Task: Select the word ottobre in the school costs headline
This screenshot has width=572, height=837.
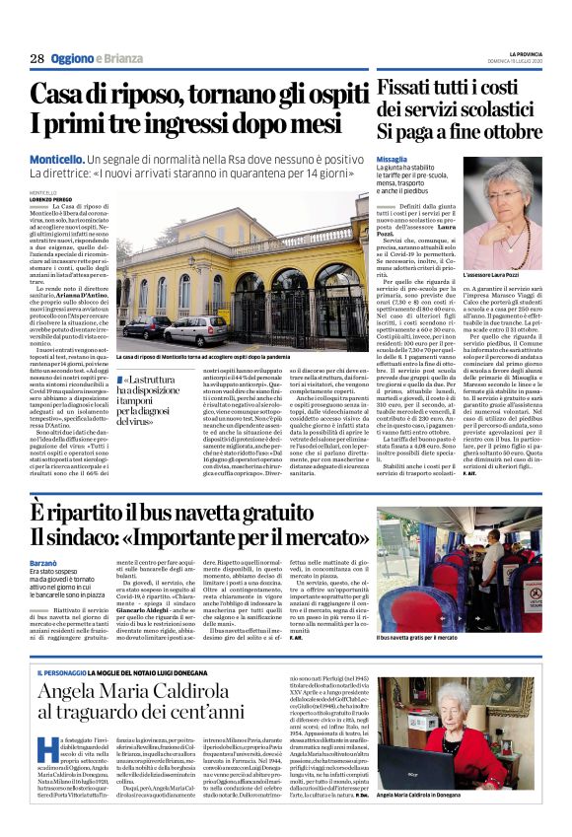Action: click(x=506, y=130)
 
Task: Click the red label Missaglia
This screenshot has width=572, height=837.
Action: click(x=392, y=159)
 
